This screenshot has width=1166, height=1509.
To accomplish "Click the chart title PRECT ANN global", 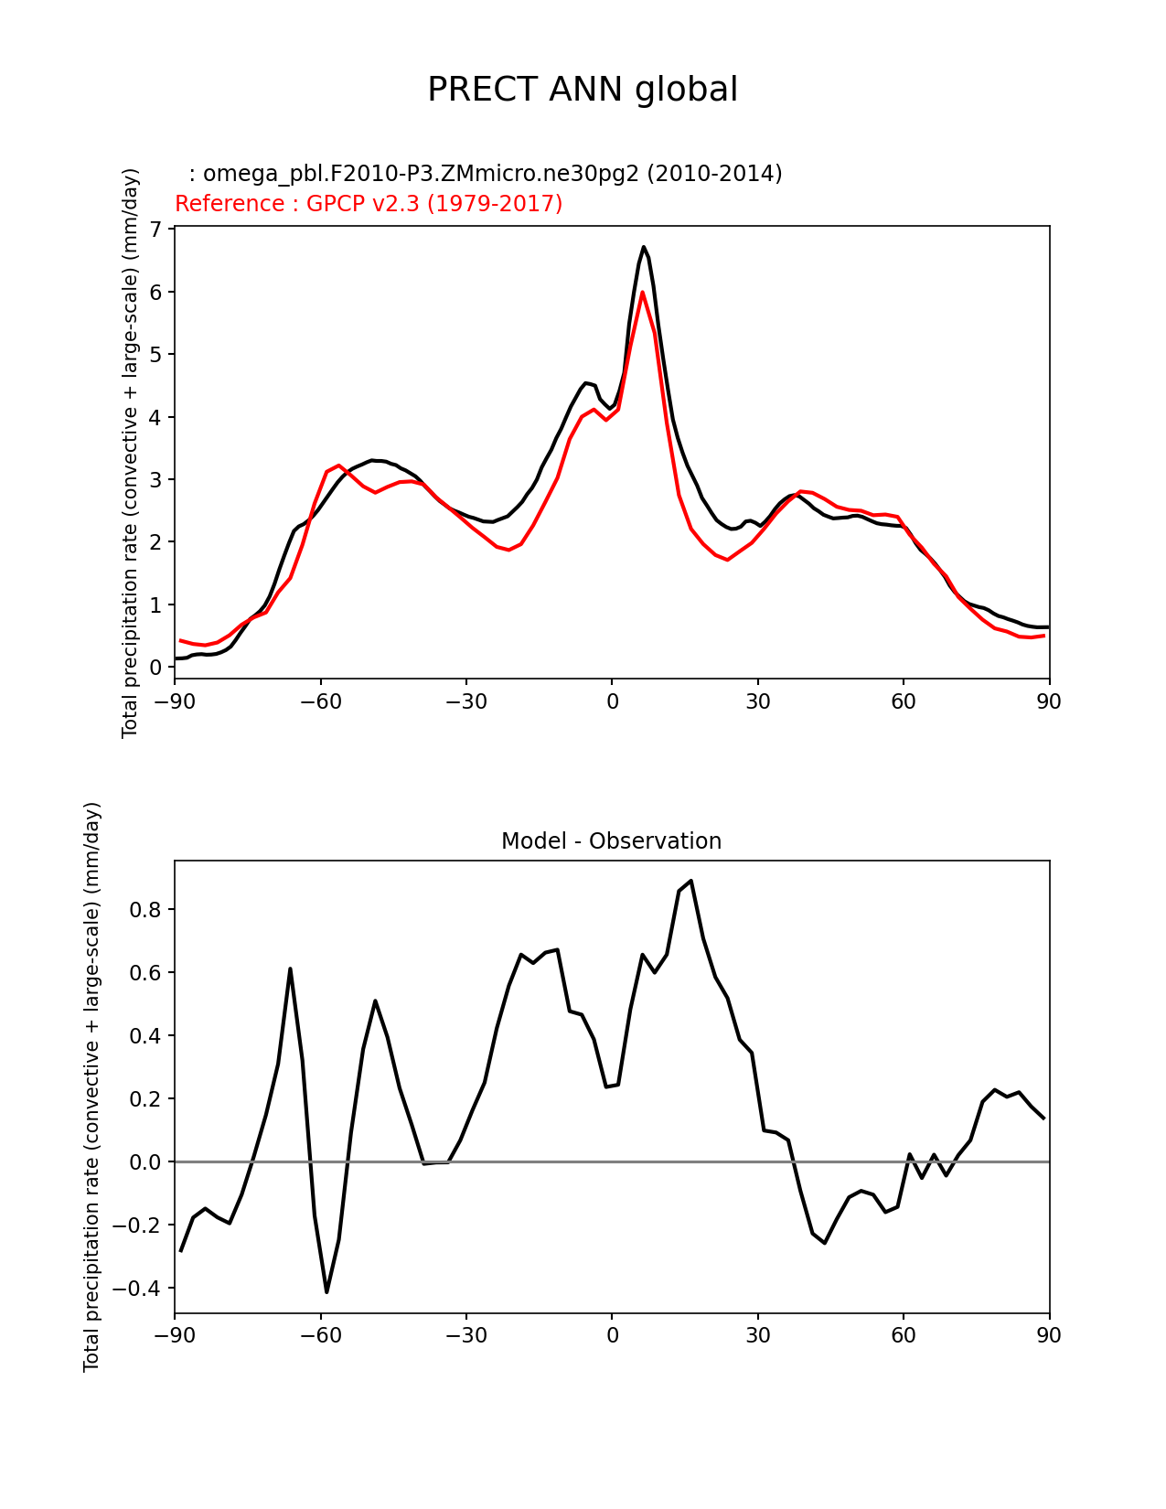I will pyautogui.click(x=583, y=90).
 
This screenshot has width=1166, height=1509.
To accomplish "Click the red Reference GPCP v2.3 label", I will pyautogui.click(x=369, y=204).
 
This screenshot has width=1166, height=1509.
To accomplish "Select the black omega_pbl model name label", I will pyautogui.click(x=486, y=174).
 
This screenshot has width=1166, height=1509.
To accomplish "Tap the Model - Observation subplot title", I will pyautogui.click(x=611, y=841).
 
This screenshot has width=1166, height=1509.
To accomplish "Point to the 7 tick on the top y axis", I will pyautogui.click(x=155, y=229).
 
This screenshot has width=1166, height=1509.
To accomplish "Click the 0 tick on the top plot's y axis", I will pyautogui.click(x=155, y=668).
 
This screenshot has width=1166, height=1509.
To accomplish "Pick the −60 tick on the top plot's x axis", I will pyautogui.click(x=320, y=702).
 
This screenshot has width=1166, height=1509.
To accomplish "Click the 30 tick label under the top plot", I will pyautogui.click(x=758, y=702).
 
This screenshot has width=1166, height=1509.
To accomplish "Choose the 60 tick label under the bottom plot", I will pyautogui.click(x=904, y=1336).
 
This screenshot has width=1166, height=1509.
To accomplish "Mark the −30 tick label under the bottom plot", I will pyautogui.click(x=465, y=1336).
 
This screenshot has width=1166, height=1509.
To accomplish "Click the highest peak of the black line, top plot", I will pyautogui.click(x=644, y=247).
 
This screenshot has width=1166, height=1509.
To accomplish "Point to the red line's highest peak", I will pyautogui.click(x=643, y=293).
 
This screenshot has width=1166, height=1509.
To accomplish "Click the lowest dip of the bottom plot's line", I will pyautogui.click(x=326, y=1291).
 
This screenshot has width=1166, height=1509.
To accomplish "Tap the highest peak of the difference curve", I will pyautogui.click(x=691, y=881).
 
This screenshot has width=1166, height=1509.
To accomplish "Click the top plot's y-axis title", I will pyautogui.click(x=131, y=453).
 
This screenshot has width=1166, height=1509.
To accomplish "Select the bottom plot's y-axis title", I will pyautogui.click(x=92, y=1086).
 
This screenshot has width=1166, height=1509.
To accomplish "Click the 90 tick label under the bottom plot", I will pyautogui.click(x=1049, y=1336).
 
